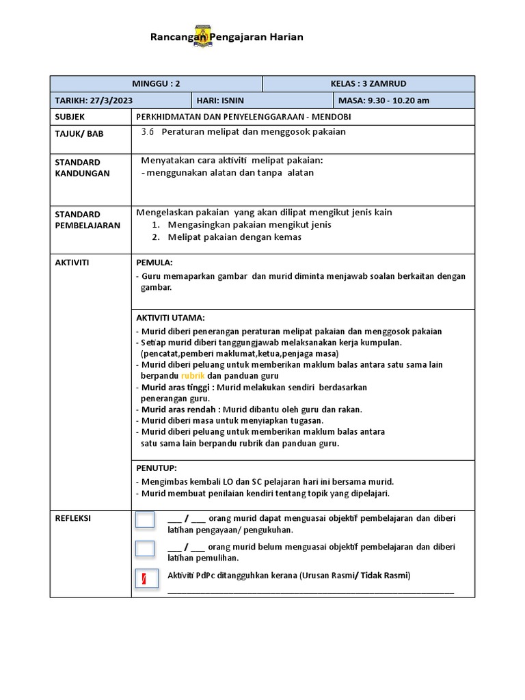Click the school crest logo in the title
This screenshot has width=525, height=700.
coord(203,36)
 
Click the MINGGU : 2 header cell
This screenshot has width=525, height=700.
coord(157,83)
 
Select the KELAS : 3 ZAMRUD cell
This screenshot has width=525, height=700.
coord(368,83)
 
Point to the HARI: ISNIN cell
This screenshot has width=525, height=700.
coord(220,100)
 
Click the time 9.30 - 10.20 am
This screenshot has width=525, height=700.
coord(398,100)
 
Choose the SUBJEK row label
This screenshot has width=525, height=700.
coord(70,117)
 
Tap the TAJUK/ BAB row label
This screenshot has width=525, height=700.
coord(79,133)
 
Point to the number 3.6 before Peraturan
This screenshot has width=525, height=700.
coord(148,132)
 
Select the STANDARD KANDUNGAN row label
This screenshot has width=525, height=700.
coord(82,167)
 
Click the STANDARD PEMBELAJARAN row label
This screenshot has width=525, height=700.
coord(87,219)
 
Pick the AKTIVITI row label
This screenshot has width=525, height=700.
coord(72,262)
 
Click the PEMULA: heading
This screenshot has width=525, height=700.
coord(155,262)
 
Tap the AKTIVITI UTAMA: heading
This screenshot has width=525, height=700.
coord(170,318)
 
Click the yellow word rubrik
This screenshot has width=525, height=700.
coord(193,376)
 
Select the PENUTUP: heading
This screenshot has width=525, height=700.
coord(157,468)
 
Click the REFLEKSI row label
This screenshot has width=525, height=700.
coord(73,518)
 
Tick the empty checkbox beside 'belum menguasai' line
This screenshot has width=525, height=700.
coord(145,548)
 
